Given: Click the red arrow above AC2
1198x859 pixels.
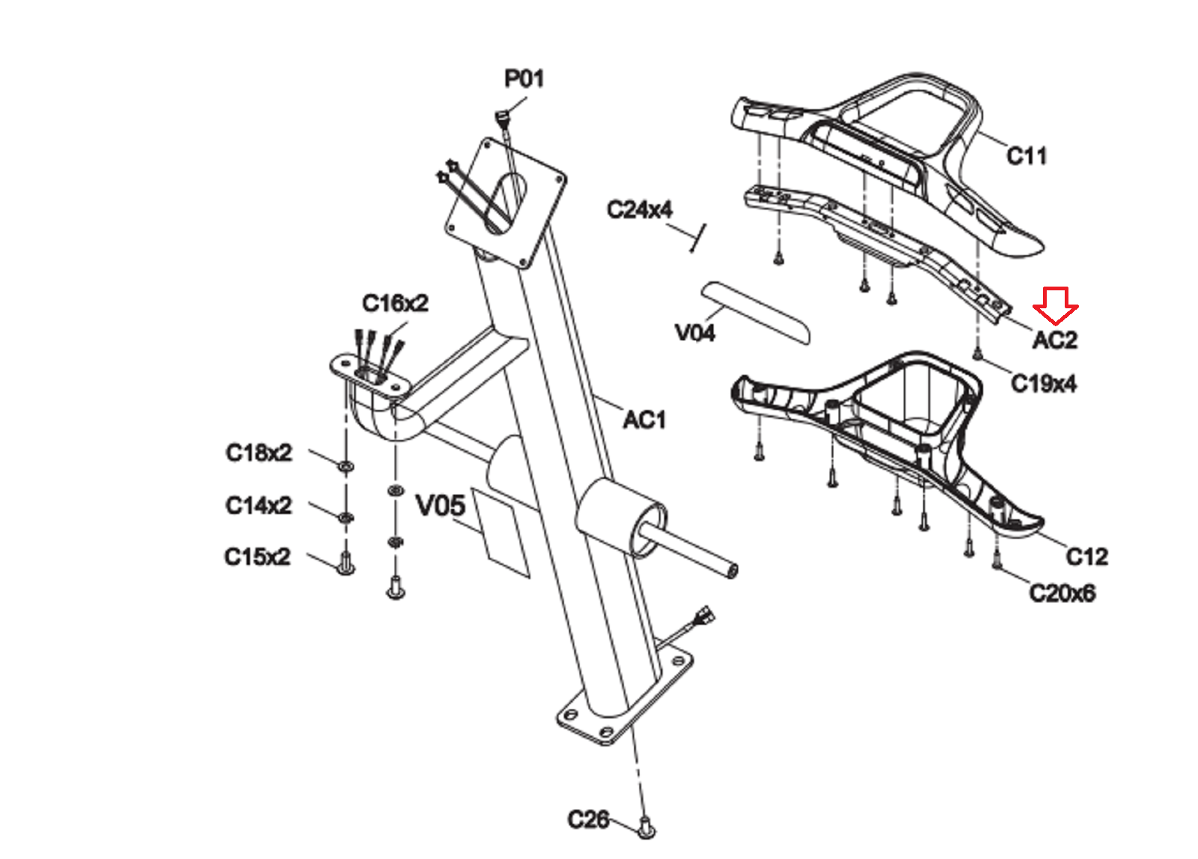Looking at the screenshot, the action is (1055, 306).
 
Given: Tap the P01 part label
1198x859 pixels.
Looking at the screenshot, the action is (524, 79).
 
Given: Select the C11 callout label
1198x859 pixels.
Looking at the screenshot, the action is (1027, 156).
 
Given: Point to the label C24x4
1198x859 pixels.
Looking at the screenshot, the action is (639, 210).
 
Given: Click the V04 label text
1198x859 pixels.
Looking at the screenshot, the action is (696, 333).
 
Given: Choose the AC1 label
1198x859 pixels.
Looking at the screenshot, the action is (645, 420).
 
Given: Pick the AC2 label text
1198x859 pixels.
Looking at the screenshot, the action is (1055, 340).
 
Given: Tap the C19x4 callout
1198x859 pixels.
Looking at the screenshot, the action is (1044, 383).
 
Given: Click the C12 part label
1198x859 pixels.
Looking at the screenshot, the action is (1086, 557).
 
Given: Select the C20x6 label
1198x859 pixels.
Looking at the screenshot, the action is (1062, 593).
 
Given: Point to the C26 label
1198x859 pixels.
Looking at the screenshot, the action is (589, 819).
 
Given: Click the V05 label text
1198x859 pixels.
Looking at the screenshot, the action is (441, 506).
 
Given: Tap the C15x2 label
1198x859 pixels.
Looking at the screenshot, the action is (258, 557).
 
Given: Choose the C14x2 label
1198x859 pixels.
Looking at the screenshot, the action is (259, 505).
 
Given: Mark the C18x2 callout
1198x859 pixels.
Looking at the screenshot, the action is (259, 453).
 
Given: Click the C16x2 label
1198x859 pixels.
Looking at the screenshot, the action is (395, 303).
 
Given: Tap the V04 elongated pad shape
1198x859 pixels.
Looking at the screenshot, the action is (755, 313).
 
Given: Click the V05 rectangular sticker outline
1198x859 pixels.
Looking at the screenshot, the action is (500, 533).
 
